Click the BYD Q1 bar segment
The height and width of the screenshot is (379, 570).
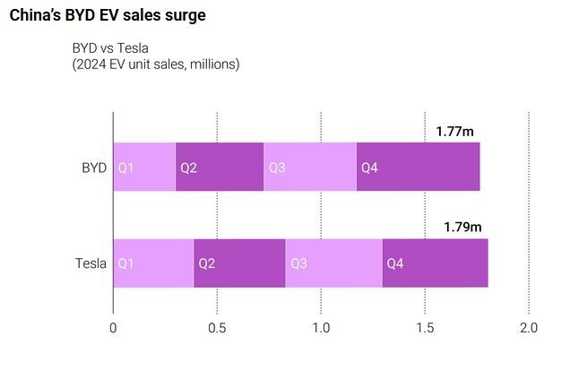click(144, 168)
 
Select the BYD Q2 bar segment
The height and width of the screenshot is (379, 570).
click(220, 168)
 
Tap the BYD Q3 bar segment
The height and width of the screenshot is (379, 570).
click(310, 168)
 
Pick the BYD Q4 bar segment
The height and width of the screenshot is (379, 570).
click(418, 168)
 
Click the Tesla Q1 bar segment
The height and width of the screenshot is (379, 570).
click(153, 263)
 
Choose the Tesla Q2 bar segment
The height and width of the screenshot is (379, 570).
click(239, 263)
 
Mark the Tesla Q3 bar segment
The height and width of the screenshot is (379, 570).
click(333, 263)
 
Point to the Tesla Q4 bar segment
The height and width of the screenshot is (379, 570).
click(435, 263)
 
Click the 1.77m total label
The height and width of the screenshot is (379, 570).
click(454, 132)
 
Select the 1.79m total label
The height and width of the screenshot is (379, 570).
click(462, 228)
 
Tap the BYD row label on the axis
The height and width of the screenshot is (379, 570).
click(93, 168)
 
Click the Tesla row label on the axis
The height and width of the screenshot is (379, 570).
click(91, 263)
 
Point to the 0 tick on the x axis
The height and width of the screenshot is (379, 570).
click(113, 328)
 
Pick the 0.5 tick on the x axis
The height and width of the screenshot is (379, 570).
click(217, 328)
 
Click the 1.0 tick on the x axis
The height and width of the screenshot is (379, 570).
click(321, 328)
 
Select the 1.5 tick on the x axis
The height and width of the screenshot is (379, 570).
click(425, 328)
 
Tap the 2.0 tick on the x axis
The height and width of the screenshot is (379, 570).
click(529, 328)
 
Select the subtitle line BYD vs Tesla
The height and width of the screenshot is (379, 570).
click(111, 48)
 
